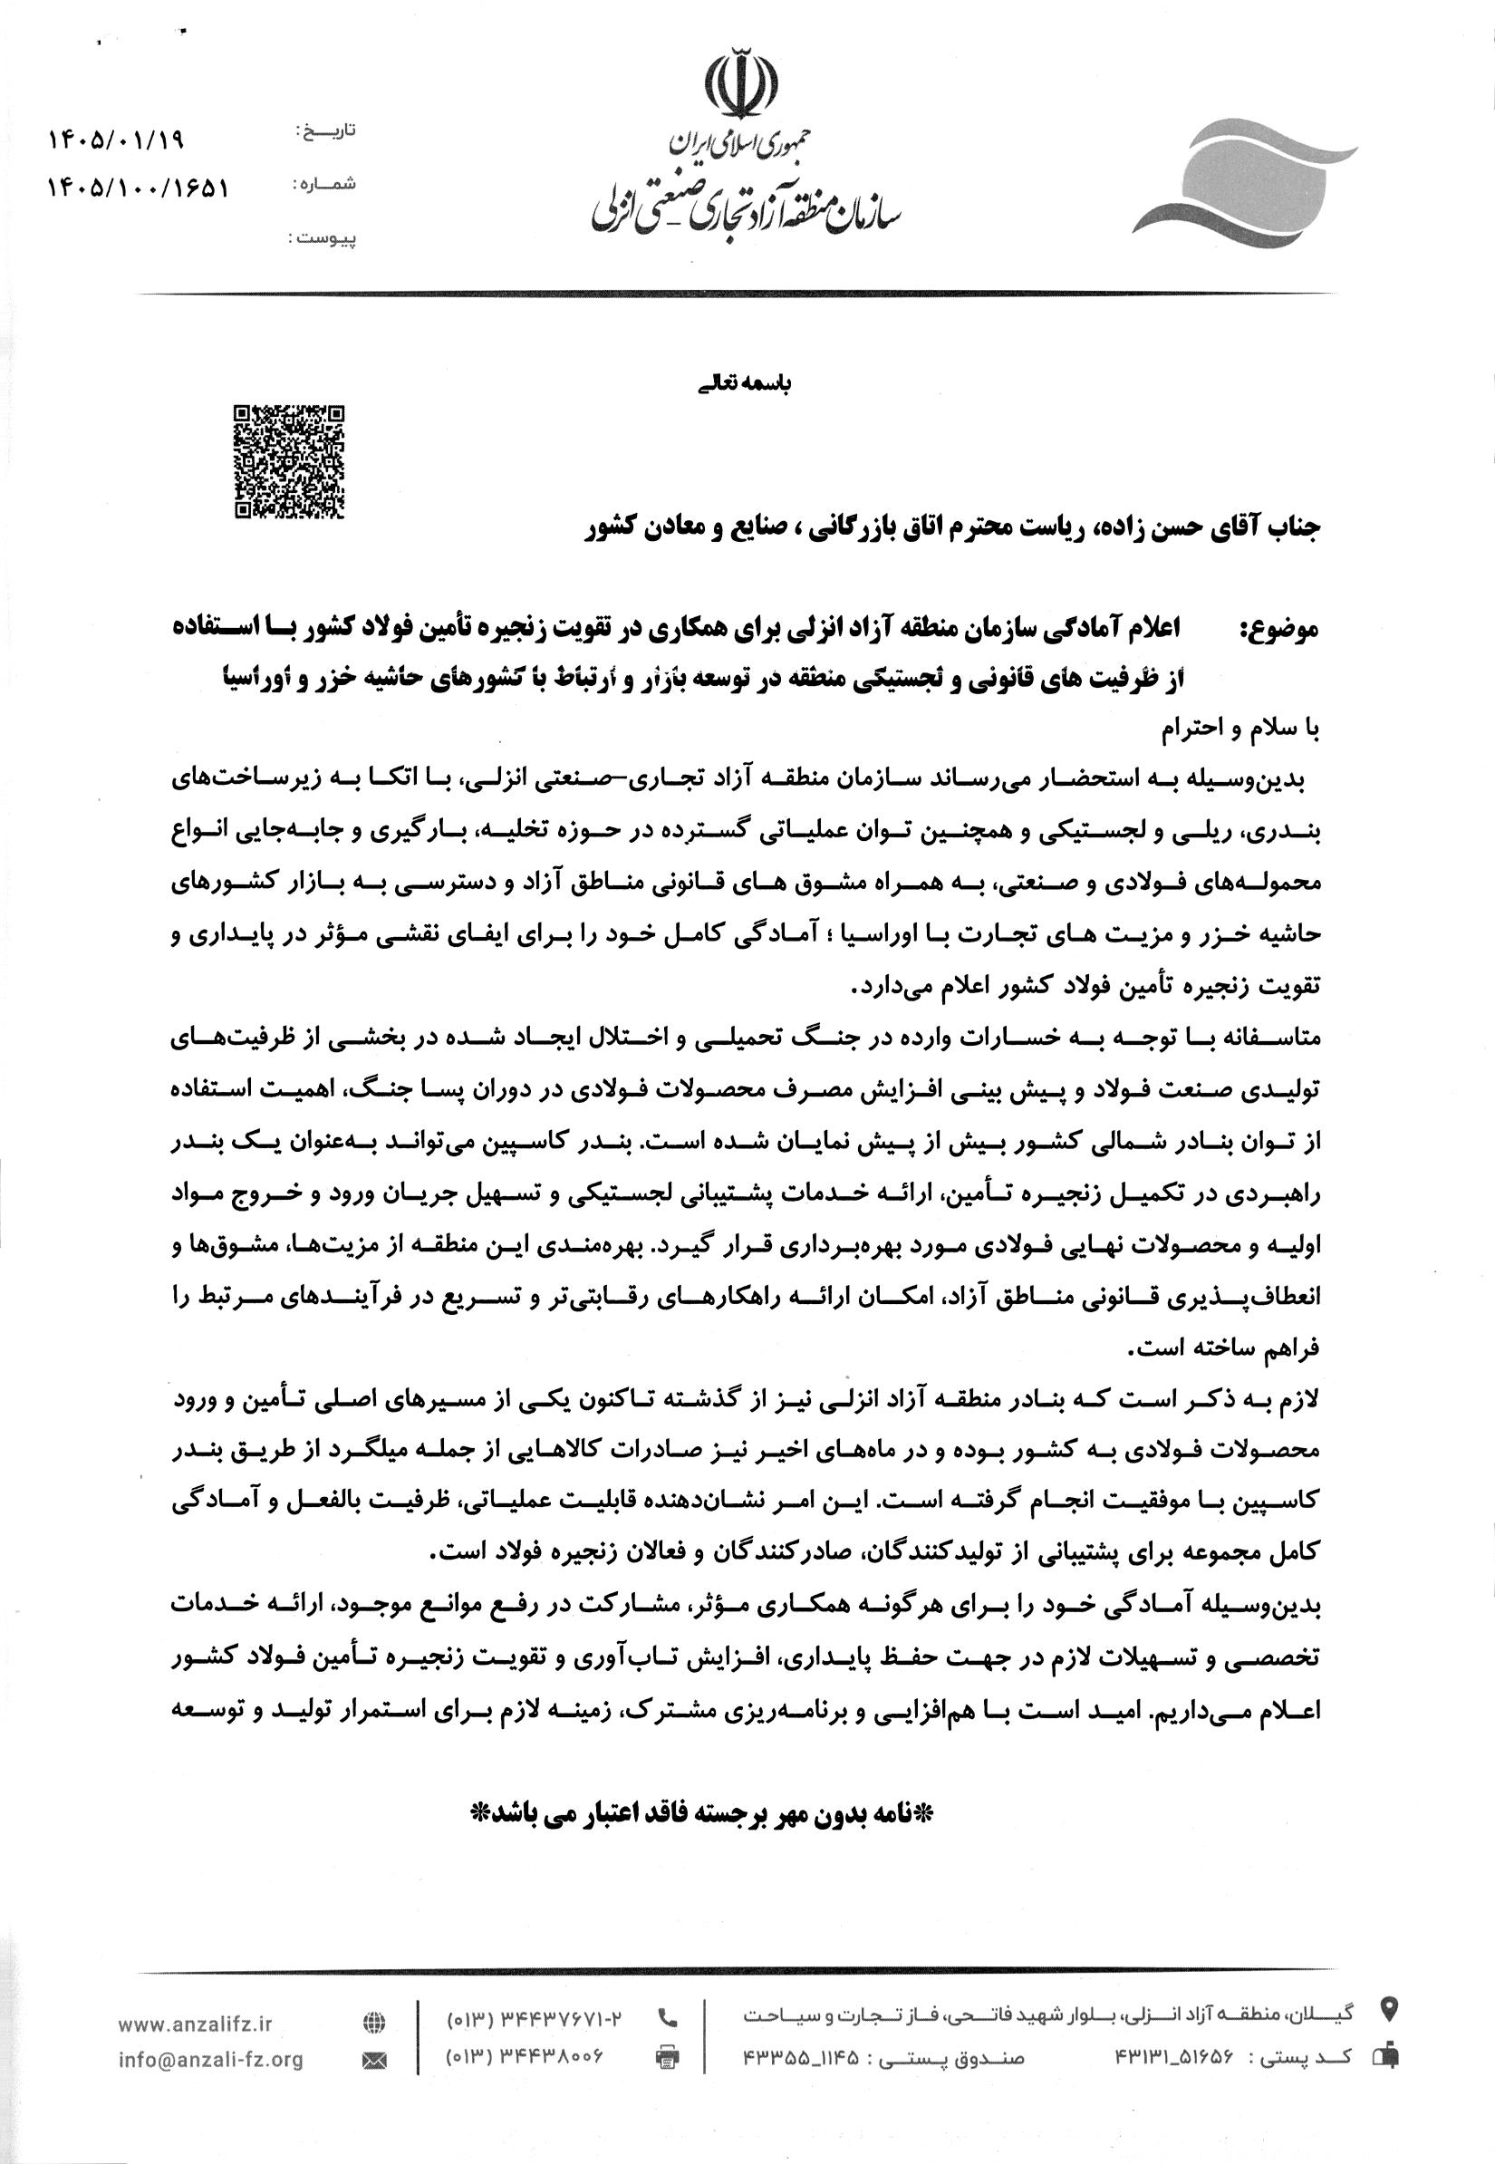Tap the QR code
pos(288,462)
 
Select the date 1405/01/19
pos(115,140)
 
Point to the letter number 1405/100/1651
pos(137,188)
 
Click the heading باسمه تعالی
pos(746,384)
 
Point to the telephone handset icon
pos(669,2017)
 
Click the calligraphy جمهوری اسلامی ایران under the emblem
pos(739,143)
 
